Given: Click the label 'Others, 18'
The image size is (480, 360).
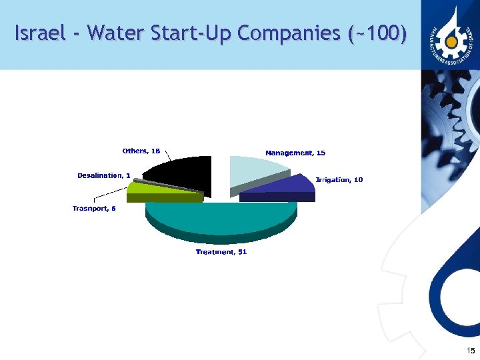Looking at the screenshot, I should pos(141,151).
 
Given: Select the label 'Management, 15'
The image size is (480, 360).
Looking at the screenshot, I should pos(295,153).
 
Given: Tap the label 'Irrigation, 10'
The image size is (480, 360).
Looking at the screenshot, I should pos(339,180).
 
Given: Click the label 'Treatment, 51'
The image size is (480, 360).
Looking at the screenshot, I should pos(221,252).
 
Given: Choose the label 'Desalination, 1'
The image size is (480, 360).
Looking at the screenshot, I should pos(104,175).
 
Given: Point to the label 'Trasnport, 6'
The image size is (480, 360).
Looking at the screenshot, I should pos(94,209).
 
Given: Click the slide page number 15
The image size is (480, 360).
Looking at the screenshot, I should pos(471,351).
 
